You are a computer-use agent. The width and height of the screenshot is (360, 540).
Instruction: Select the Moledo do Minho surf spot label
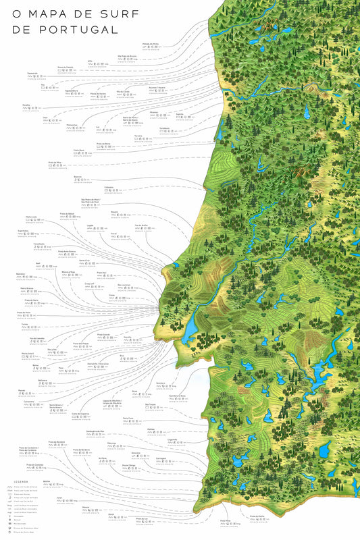[x=150, y=44]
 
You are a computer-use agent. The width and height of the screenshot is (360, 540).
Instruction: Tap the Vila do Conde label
[x=123, y=90]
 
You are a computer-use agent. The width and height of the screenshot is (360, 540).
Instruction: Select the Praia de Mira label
[x=55, y=162]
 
